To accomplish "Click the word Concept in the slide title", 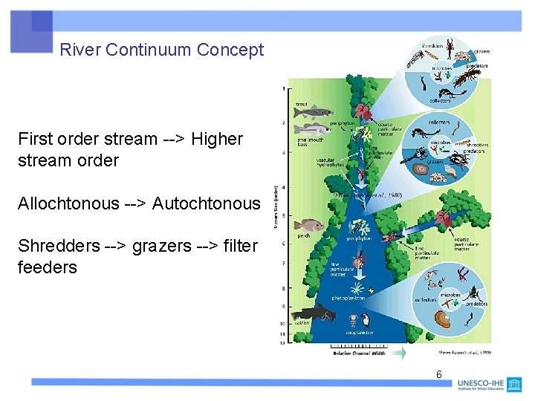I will [x=230, y=50].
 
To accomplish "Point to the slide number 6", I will [x=438, y=374].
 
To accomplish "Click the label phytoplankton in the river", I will [x=348, y=298].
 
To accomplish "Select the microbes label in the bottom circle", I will [x=450, y=296].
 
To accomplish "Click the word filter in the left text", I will [x=240, y=247].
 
